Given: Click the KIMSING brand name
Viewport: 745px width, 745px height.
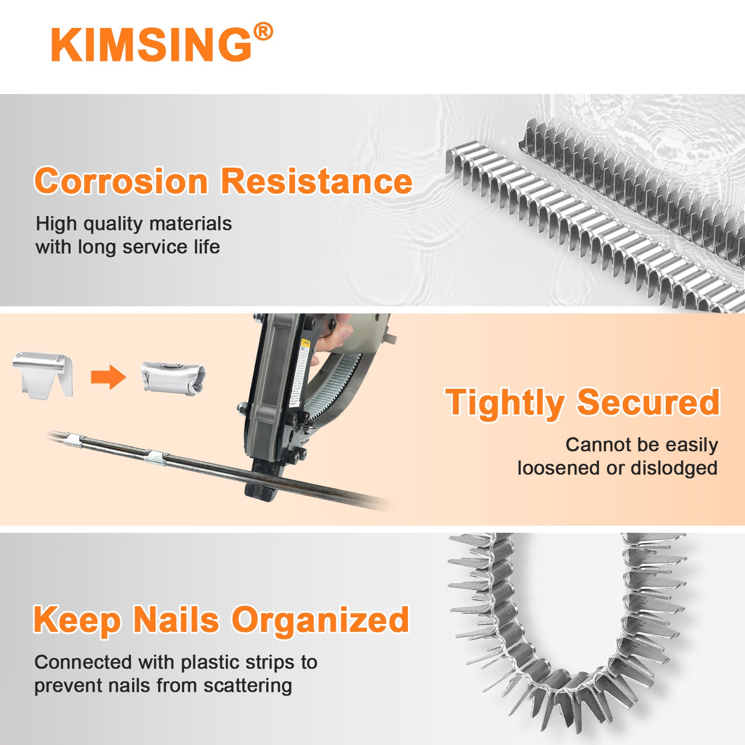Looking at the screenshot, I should pos(151,45).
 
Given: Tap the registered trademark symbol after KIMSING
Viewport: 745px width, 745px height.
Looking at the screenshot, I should pos(263,32).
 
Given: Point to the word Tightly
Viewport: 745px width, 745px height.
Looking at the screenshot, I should pos(505,403).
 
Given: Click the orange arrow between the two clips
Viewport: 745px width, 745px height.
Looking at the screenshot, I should pos(108,377).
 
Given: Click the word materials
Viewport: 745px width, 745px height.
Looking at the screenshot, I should pos(190,223).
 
